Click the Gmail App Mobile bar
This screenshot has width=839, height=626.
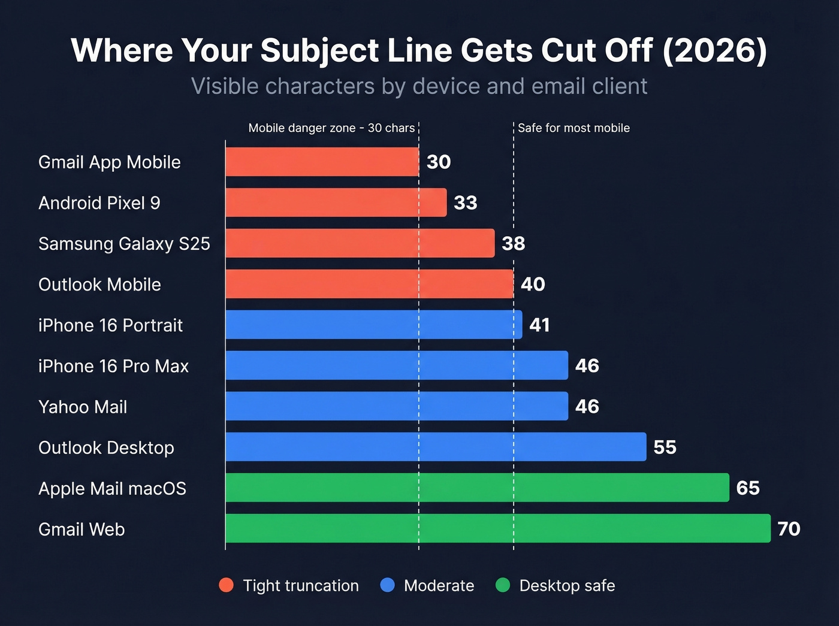[322, 162]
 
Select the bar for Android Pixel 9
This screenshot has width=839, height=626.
[336, 202]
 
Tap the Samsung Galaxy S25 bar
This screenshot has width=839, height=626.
[360, 243]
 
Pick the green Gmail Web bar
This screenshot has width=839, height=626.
[497, 528]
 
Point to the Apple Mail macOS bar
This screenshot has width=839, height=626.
[477, 488]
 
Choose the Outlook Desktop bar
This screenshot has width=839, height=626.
[436, 447]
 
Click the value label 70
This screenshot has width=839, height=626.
[789, 528]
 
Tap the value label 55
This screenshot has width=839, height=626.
[665, 447]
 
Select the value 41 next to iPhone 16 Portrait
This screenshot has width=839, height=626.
[539, 325]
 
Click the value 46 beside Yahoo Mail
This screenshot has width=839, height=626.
[587, 406]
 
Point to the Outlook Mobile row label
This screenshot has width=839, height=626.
[99, 285]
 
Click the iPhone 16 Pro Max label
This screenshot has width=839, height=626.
[113, 366]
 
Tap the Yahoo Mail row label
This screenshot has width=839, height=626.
[83, 407]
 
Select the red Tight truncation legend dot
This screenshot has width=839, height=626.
[226, 585]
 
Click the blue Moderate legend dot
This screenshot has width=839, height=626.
[388, 585]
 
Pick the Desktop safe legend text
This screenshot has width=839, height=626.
[567, 585]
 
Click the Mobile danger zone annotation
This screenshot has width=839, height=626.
[331, 128]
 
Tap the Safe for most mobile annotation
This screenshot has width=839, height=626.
[574, 128]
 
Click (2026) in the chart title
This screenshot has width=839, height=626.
[714, 50]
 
